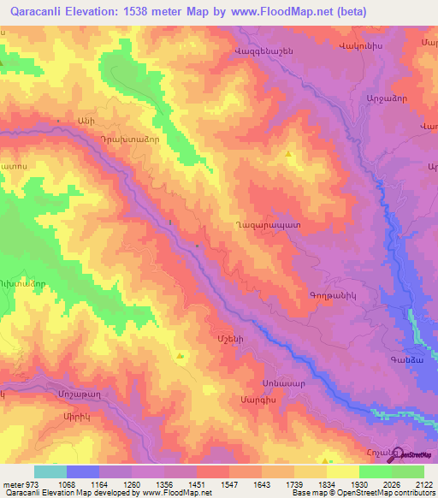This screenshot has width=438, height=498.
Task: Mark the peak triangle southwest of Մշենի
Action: [x=181, y=355]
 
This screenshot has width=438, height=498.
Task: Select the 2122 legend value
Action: [x=423, y=483]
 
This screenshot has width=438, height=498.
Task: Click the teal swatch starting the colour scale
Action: [x=50, y=471]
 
